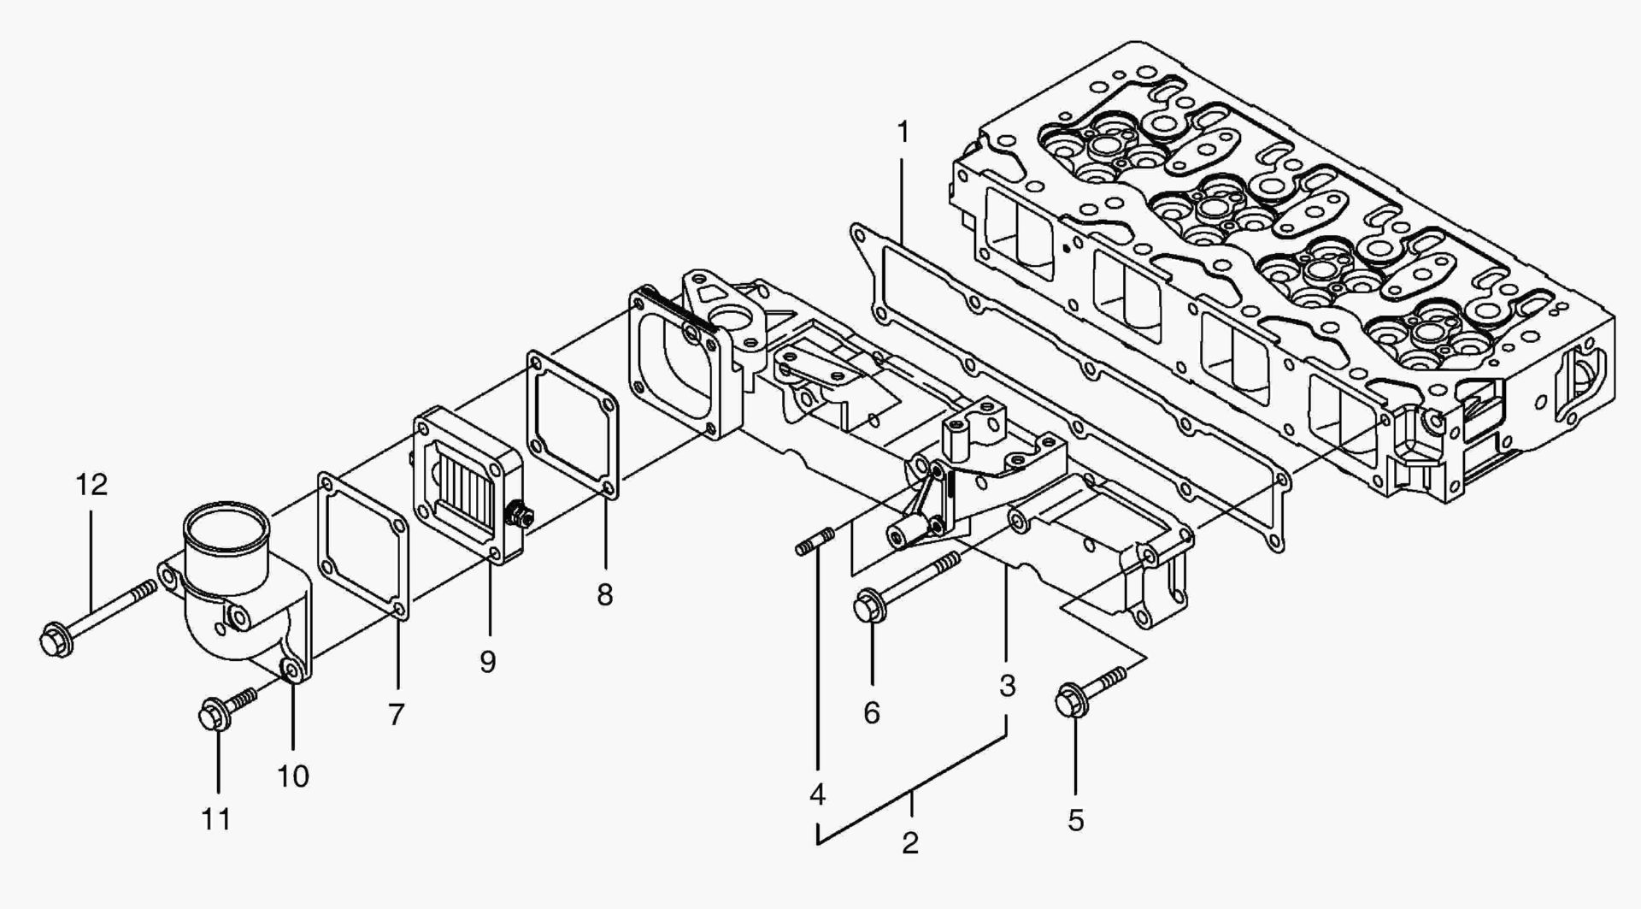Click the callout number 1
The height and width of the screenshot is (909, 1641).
pos(902,133)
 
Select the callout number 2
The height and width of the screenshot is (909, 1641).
pos(910,842)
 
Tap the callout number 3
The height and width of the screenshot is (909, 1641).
pos(1007,685)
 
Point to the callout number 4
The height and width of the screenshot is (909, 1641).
pos(817,794)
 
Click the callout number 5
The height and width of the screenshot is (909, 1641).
pos(1075,820)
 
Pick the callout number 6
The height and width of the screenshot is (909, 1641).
pos(871,712)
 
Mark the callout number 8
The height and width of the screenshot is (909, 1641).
pos(604,594)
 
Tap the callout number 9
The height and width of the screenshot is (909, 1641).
pos(487,661)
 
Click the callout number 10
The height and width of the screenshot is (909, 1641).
pos(292,776)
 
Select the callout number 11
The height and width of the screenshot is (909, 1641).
pos(216,819)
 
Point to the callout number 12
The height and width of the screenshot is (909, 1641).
pos(91,485)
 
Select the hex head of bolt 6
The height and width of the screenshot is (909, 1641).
pos(868,607)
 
